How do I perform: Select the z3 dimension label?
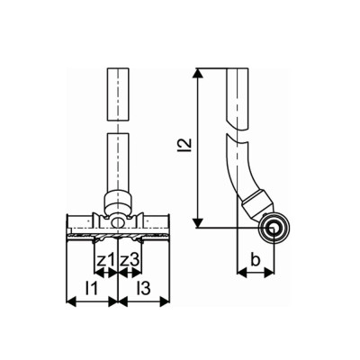(x=130, y=260)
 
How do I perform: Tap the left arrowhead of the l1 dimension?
(x=71, y=304)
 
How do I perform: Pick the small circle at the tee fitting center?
(x=118, y=221)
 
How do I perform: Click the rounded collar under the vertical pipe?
(x=118, y=199)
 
